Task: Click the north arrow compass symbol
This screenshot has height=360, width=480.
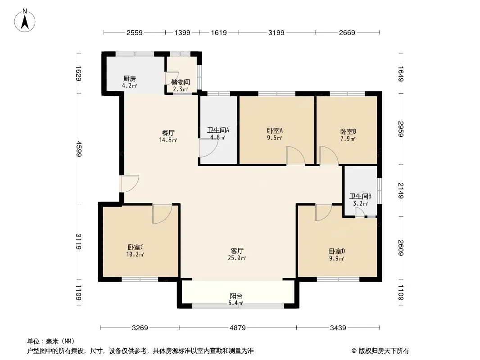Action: (x=25, y=20)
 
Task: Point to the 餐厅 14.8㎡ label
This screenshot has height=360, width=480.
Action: (x=168, y=136)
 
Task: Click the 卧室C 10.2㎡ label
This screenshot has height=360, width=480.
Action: (x=135, y=251)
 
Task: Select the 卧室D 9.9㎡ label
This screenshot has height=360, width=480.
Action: (x=337, y=255)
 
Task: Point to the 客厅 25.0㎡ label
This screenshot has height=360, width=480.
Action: (x=237, y=254)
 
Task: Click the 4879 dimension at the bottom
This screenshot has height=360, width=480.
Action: (x=238, y=328)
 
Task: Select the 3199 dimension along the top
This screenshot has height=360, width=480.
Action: (x=276, y=32)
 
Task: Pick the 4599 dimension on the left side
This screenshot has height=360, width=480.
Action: (x=79, y=148)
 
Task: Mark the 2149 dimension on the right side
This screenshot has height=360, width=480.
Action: (x=401, y=190)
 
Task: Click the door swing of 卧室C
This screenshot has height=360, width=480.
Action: (x=162, y=214)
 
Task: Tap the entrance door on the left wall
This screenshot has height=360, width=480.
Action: (x=130, y=184)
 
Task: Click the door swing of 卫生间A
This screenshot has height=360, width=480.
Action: (x=208, y=148)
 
